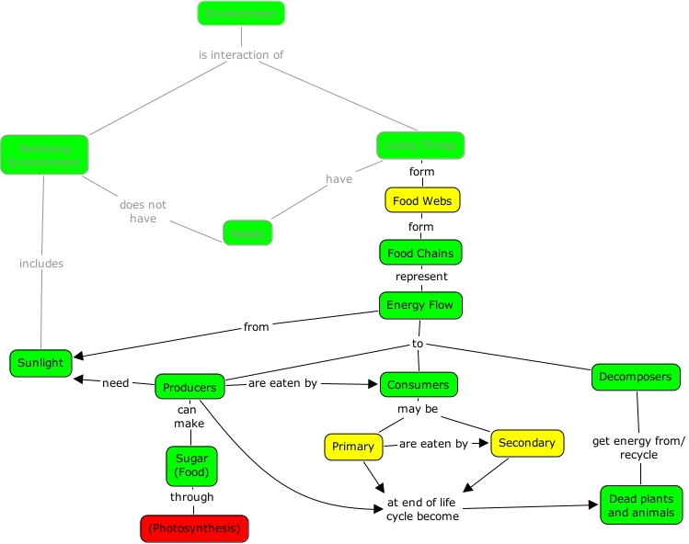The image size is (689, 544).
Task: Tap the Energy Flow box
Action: point(420,305)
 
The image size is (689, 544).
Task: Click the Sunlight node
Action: point(40,363)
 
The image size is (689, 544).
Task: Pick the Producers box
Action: point(189,387)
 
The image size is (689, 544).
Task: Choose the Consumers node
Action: point(419,384)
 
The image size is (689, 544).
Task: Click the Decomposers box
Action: point(637,377)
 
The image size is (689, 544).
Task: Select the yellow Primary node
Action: point(353,447)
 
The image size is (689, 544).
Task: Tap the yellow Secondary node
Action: point(526,443)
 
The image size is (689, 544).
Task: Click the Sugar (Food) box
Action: point(193,465)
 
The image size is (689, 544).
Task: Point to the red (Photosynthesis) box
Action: point(194,528)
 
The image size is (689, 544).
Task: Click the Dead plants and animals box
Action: point(641,505)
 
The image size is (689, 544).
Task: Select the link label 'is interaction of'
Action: point(241,55)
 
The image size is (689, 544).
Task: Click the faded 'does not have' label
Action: point(137,211)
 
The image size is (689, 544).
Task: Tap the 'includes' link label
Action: point(41,264)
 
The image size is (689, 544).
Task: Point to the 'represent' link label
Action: point(421,277)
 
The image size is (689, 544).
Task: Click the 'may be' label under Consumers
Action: point(418,408)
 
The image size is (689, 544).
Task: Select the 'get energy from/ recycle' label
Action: point(638,448)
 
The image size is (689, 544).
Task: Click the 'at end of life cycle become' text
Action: point(422,509)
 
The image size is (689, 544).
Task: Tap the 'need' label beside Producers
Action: point(115,383)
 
